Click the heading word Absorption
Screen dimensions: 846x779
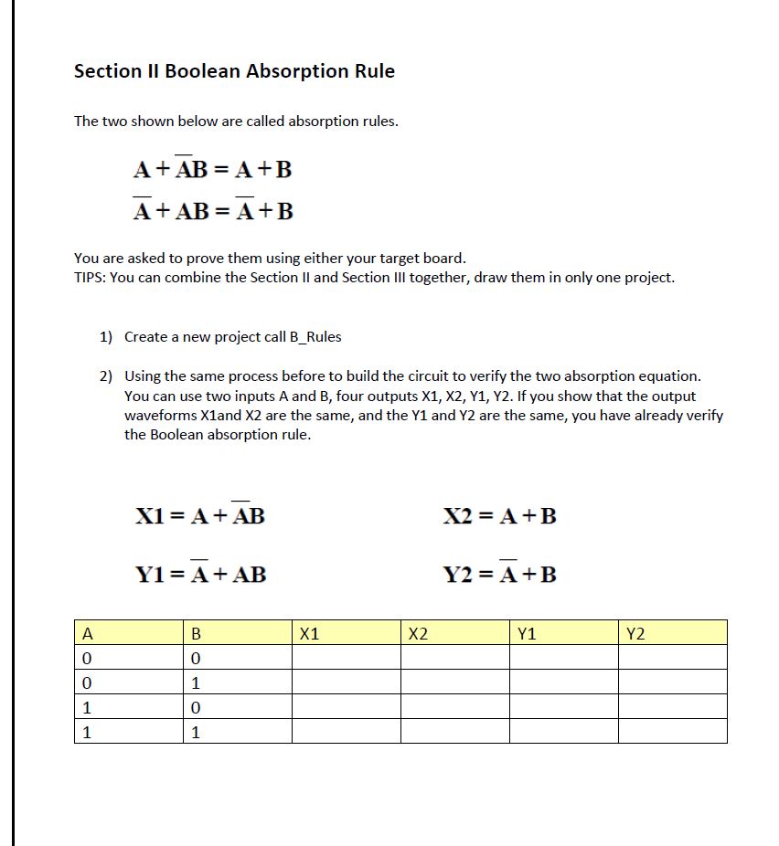pos(270,71)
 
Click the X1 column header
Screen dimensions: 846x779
pos(310,633)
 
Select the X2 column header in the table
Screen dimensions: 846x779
pos(418,633)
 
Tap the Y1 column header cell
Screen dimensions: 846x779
pos(527,633)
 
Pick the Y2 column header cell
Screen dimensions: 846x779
pos(635,633)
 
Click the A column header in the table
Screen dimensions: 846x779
pos(87,633)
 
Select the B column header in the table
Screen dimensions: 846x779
pos(195,633)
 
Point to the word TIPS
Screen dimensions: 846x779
pos(89,278)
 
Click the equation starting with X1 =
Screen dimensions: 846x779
pos(200,515)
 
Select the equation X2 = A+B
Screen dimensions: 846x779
pos(499,516)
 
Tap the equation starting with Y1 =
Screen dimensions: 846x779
pos(201,574)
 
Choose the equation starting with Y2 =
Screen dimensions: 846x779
pos(499,574)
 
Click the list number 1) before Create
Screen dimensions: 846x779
pos(106,336)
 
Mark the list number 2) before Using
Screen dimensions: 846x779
pos(106,375)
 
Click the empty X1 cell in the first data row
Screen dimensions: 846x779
pos(346,658)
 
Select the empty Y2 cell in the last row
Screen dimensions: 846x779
pos(672,732)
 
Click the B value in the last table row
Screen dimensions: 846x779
pos(195,732)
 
